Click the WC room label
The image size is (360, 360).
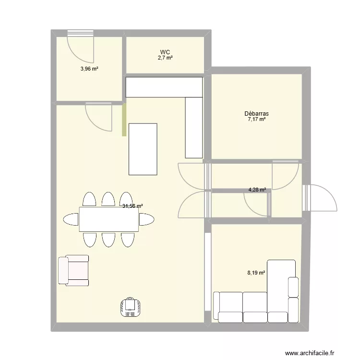tap(165, 52)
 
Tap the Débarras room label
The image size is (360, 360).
tap(256, 114)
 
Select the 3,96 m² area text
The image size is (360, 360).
tap(89, 69)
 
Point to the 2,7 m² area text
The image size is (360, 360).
tap(165, 58)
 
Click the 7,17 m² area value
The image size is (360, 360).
tap(256, 120)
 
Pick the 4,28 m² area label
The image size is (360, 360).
tap(257, 190)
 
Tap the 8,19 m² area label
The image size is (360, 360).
tap(256, 272)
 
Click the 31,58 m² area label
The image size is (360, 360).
tap(132, 206)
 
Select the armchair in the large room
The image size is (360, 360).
tap(73, 271)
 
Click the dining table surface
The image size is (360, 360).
tap(108, 219)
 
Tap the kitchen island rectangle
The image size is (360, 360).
tap(143, 149)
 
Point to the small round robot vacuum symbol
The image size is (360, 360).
tap(130, 307)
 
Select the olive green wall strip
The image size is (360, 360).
tap(124, 120)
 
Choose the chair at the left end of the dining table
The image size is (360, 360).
tap(71, 219)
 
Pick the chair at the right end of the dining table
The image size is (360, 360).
tap(146, 219)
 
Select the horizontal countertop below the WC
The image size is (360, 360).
tap(163, 87)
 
